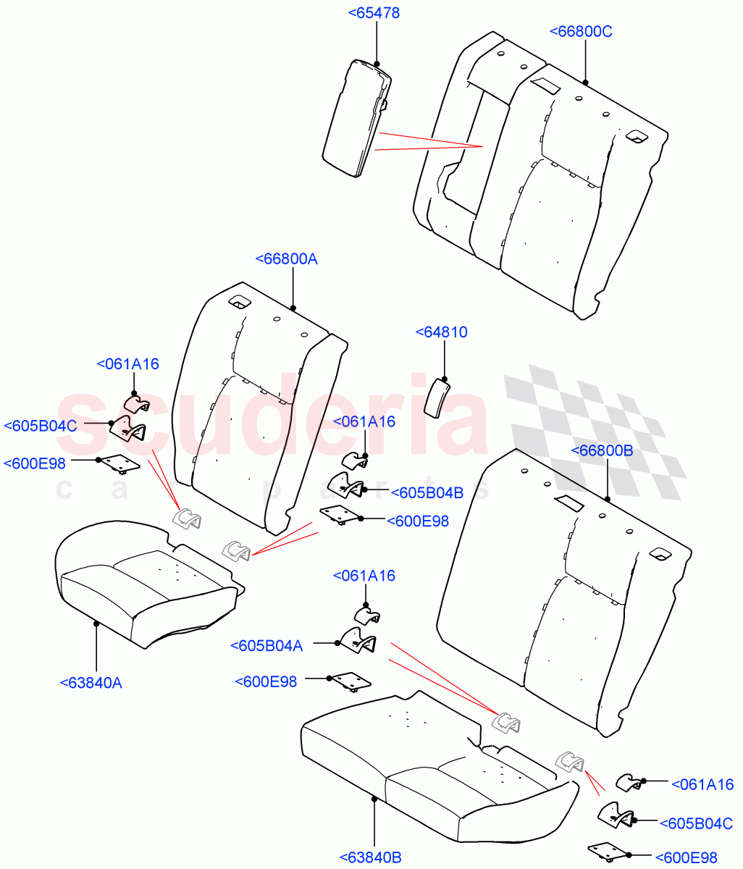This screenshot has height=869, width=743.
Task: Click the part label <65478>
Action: (x=374, y=13)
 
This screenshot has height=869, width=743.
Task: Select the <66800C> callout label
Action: (x=581, y=31)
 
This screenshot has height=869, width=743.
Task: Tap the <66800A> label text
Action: (x=287, y=259)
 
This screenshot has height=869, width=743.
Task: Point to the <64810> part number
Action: (x=441, y=332)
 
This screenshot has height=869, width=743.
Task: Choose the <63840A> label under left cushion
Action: (x=91, y=682)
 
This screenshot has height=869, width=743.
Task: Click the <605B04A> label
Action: (x=266, y=645)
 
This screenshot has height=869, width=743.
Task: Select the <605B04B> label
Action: (x=427, y=492)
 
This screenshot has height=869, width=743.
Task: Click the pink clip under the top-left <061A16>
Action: (x=135, y=403)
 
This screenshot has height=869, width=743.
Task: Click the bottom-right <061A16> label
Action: (x=702, y=784)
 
